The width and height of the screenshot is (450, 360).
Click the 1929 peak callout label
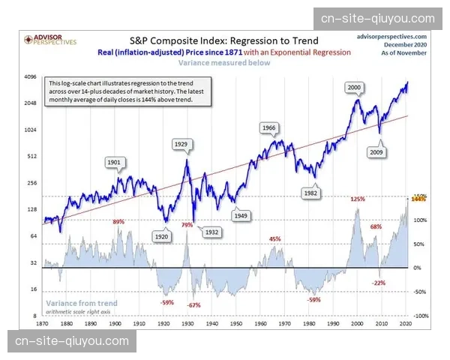pos(181,143)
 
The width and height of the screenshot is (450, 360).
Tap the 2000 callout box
pos(355,88)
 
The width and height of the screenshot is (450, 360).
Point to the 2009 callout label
pos(377,152)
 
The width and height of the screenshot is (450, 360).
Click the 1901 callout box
pos(115,161)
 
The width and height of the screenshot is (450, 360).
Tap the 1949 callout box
pos(241,215)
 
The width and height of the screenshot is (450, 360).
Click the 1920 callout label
pos(162,236)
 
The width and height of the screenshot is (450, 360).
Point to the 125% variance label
pos(357,199)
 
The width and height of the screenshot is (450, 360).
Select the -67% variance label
pos(194,305)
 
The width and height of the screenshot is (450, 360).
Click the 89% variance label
pos(118,222)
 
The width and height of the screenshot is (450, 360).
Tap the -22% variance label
pos(379,283)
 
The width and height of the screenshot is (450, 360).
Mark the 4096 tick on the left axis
pos(31,77)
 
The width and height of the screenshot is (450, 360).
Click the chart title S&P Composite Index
pos(223,40)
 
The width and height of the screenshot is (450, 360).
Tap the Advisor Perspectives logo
pos(50,38)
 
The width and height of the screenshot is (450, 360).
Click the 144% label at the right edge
pos(418,199)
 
